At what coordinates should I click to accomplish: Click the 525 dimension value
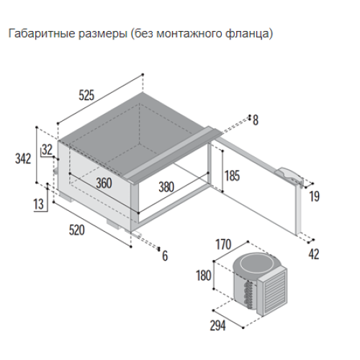86,95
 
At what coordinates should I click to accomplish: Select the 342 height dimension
23,158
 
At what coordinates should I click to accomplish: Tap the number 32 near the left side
47,150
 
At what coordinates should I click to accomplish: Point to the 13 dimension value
38,204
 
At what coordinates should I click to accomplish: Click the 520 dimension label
77,230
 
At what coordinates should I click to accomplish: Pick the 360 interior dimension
104,183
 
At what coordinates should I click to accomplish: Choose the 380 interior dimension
166,187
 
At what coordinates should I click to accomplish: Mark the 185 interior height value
233,176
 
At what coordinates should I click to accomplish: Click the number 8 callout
256,120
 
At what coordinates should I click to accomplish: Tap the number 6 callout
165,256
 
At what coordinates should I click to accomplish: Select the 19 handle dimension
315,197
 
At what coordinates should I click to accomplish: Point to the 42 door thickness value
314,254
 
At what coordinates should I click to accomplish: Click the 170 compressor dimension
223,244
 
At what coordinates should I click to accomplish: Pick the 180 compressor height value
204,275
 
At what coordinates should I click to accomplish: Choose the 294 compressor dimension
218,325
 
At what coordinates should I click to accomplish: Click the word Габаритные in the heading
42,33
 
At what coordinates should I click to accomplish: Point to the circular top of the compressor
256,264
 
